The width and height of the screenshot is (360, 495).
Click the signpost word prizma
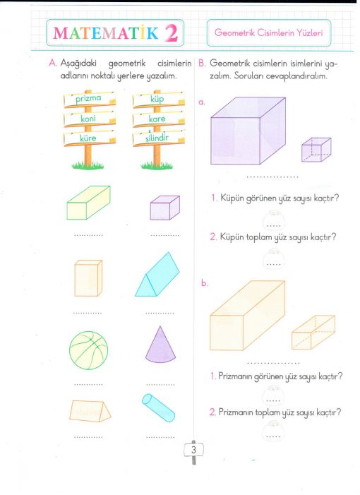(88, 98)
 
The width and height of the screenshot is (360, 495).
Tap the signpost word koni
(88, 119)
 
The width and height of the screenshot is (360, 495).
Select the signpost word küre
(88, 138)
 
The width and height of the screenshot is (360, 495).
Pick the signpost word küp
(157, 99)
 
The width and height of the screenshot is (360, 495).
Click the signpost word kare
(157, 119)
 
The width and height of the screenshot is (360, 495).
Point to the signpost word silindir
(157, 138)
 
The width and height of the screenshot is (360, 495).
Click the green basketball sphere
(89, 350)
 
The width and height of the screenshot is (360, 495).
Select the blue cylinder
(158, 407)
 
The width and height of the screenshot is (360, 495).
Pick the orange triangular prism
(90, 411)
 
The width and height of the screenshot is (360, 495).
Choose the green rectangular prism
(89, 203)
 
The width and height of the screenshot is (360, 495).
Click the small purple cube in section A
(165, 208)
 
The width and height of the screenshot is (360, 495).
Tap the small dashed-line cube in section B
(316, 150)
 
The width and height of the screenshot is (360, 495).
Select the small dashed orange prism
(313, 332)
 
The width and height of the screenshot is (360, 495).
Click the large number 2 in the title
(172, 33)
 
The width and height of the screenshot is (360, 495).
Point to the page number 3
(193, 450)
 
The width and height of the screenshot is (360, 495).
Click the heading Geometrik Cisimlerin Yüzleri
(268, 32)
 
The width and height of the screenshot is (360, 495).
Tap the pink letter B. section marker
(202, 63)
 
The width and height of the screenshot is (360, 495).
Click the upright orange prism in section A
(88, 278)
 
